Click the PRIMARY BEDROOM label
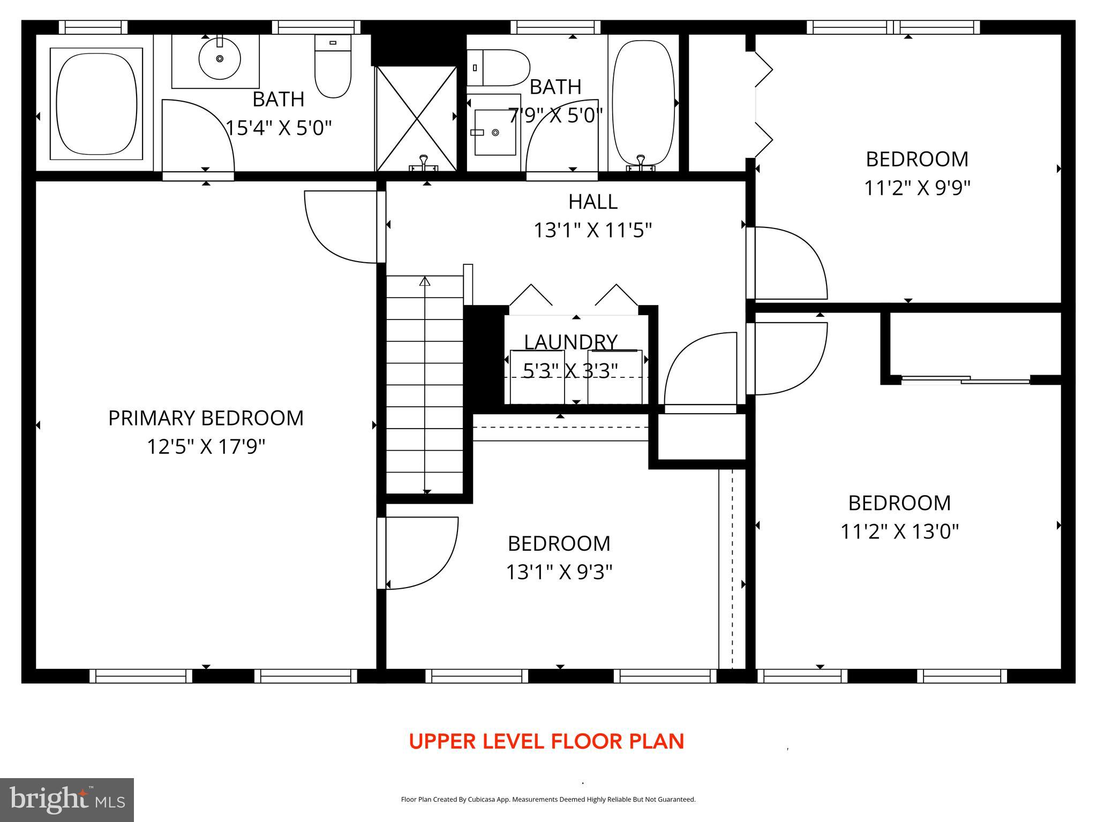[x=206, y=418]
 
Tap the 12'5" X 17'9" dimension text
[x=206, y=446]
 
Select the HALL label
[x=592, y=202]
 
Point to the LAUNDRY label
[x=570, y=342]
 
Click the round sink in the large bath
[x=219, y=59]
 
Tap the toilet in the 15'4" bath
[x=333, y=67]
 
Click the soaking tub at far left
[x=96, y=104]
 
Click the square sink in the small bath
[x=494, y=132]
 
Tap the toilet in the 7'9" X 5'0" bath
[x=498, y=68]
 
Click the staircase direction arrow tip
[x=425, y=280]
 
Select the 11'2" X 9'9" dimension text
[x=917, y=188]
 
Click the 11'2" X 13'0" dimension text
[x=899, y=531]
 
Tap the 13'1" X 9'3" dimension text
[x=559, y=572]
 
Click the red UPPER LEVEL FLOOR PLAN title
[x=546, y=742]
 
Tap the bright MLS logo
[x=67, y=799]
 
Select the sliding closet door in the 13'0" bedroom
[x=966, y=380]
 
